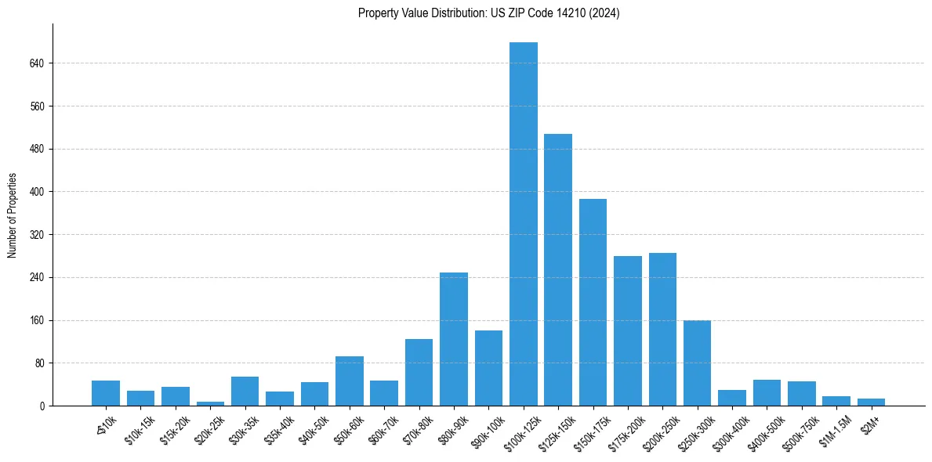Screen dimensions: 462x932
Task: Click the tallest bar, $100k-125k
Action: (x=523, y=224)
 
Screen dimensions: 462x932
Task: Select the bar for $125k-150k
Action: (x=558, y=270)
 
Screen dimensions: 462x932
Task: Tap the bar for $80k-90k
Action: (x=454, y=339)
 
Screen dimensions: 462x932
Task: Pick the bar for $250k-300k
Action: (x=697, y=363)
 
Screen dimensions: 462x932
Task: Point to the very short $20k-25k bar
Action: (x=210, y=403)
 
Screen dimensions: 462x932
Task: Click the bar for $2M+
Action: (x=871, y=402)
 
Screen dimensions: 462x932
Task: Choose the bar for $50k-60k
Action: (x=350, y=381)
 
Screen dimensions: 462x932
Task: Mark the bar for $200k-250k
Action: (x=662, y=330)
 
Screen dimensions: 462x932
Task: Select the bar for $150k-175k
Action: (x=593, y=302)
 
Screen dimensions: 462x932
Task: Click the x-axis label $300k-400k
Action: (x=729, y=429)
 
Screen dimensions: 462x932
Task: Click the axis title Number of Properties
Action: (x=12, y=215)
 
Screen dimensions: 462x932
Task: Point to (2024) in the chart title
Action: (x=607, y=13)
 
